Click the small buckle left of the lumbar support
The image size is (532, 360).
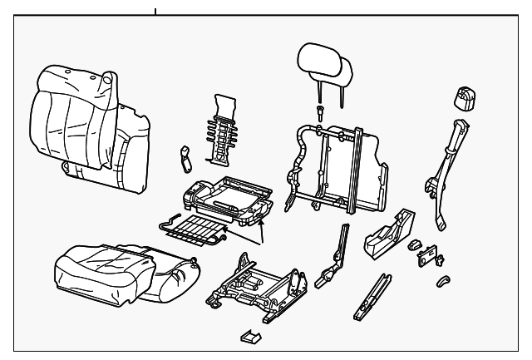[x=185, y=155]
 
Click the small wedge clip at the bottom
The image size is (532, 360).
[x=249, y=337]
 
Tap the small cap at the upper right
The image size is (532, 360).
[x=463, y=97]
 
